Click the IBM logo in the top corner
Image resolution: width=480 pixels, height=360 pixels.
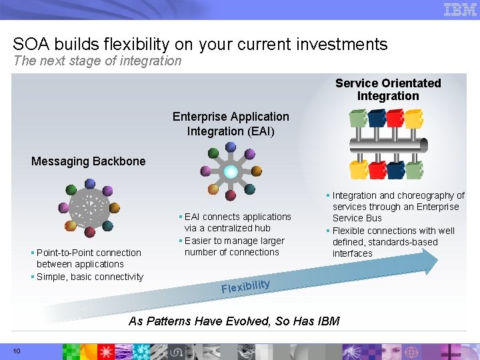click(x=460, y=9)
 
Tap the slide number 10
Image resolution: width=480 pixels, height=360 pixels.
click(x=17, y=351)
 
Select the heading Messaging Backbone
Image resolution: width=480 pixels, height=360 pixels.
click(x=88, y=161)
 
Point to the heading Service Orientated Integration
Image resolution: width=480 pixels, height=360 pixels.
click(x=388, y=89)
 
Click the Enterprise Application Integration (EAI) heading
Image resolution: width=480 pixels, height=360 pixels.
click(x=231, y=124)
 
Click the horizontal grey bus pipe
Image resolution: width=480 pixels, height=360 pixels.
click(x=387, y=146)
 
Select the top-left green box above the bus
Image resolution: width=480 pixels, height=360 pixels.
click(x=359, y=119)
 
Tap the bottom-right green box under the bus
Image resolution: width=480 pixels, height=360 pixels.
click(x=415, y=170)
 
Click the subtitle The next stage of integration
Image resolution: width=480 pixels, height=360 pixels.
click(x=97, y=61)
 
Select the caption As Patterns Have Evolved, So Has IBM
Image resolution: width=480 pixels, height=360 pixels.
click(x=234, y=321)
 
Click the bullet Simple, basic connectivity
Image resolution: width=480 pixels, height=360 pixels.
click(x=89, y=277)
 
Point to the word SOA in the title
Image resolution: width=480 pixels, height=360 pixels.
click(x=29, y=45)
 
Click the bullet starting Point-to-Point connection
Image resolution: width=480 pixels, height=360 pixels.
click(x=88, y=258)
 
